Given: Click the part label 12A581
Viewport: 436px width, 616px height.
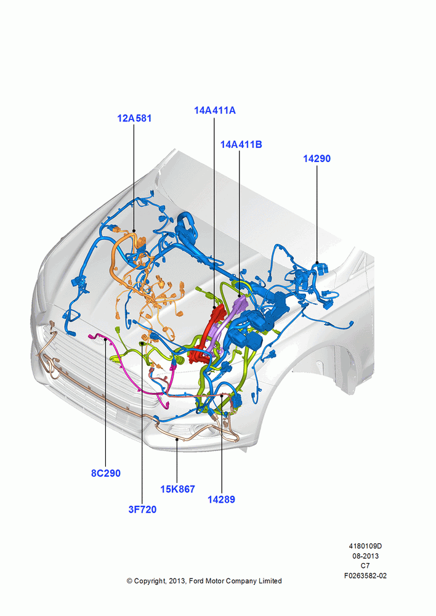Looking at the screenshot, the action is click(x=134, y=118).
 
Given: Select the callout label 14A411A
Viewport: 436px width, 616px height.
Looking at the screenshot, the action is click(x=215, y=110).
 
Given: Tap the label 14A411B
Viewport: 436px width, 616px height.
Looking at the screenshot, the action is click(x=241, y=145).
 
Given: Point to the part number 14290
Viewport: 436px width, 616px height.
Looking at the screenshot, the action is click(x=317, y=159).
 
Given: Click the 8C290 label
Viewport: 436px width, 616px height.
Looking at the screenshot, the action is click(x=106, y=473).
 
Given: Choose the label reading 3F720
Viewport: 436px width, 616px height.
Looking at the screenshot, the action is click(x=143, y=509).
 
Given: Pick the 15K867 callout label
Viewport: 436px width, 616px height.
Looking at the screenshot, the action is click(x=177, y=489).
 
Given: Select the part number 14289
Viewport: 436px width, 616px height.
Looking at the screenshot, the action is click(x=221, y=500).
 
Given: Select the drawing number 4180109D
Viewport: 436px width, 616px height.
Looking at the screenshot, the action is click(x=365, y=546).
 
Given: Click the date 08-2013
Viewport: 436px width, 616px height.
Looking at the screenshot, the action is click(x=365, y=556).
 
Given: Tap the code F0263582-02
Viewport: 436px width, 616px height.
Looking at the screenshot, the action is click(x=365, y=576).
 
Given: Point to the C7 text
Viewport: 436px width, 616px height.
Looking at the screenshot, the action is click(x=365, y=565).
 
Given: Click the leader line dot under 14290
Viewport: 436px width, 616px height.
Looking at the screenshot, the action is click(x=317, y=262).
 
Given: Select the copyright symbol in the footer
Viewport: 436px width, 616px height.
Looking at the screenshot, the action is click(x=129, y=581).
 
